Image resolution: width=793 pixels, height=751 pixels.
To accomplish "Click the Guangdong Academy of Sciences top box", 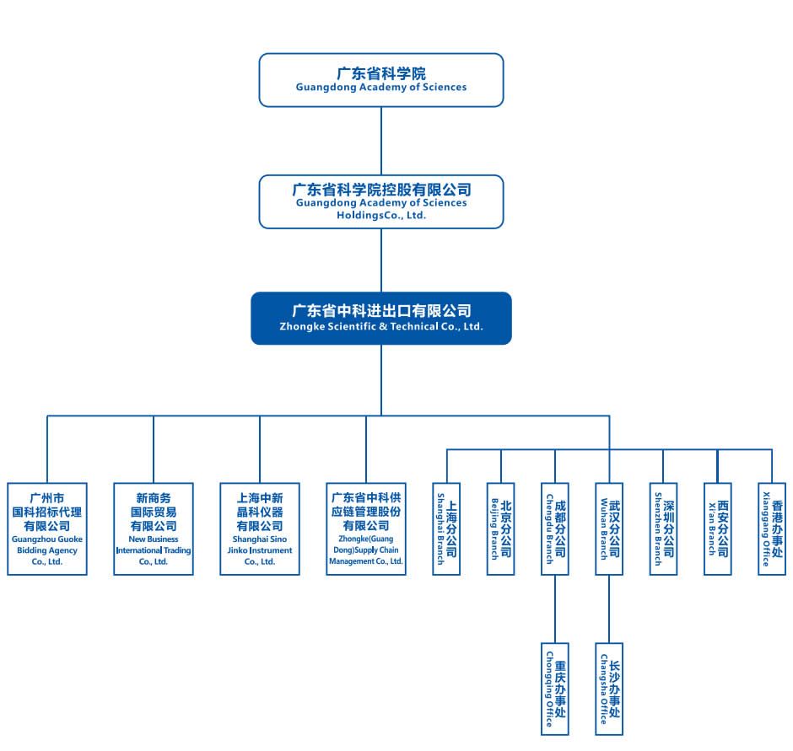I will coord(381,80).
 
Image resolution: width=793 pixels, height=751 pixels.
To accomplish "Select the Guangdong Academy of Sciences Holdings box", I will coord(381,201).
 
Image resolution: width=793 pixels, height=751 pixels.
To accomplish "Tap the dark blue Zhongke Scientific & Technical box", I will coord(381,318).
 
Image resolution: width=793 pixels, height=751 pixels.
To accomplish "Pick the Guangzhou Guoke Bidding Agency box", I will coord(47,528).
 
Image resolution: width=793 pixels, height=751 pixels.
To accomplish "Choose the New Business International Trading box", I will coord(154,528).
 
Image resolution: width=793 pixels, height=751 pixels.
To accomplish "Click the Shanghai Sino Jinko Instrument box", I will coord(260,528).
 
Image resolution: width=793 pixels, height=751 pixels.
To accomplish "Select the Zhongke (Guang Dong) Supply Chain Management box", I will coord(366,528).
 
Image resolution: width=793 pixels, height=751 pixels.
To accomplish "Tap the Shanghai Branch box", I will coord(447,528).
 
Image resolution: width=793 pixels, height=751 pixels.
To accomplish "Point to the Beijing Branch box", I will coord(501,528).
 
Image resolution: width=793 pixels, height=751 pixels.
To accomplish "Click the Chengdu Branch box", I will coord(555,528).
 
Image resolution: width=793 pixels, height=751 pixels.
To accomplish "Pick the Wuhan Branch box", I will coord(609,528).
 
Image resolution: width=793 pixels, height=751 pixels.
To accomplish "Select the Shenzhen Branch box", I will coord(663,528).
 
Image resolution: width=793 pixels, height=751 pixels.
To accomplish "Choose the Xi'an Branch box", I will coord(717,528).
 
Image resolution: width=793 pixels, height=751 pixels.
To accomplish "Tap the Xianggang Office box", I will coord(771,528).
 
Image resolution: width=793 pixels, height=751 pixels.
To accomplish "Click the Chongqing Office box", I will coord(555,688).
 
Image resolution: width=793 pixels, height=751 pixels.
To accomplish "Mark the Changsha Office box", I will coord(609,688).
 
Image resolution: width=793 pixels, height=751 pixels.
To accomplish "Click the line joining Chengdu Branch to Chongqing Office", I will coord(555,608).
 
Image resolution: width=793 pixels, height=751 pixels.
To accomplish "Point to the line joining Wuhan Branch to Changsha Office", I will coord(609,608).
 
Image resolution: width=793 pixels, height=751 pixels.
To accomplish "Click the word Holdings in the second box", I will coord(328,215).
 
